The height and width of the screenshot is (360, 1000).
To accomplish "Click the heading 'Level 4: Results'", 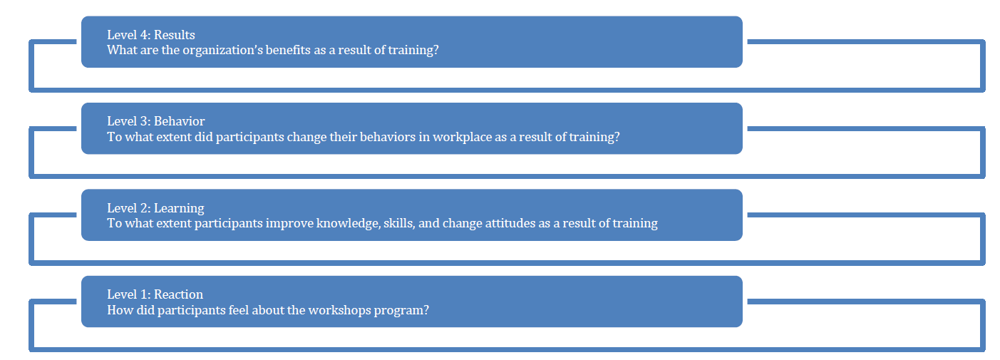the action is click(x=151, y=35).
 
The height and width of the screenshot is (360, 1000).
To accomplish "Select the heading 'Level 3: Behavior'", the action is click(x=156, y=121).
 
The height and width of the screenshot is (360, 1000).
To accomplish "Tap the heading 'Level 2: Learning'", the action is click(x=155, y=208).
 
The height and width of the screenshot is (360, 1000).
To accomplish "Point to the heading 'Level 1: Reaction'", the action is click(x=155, y=294).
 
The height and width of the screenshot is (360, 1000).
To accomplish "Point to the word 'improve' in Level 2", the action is click(x=289, y=223).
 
